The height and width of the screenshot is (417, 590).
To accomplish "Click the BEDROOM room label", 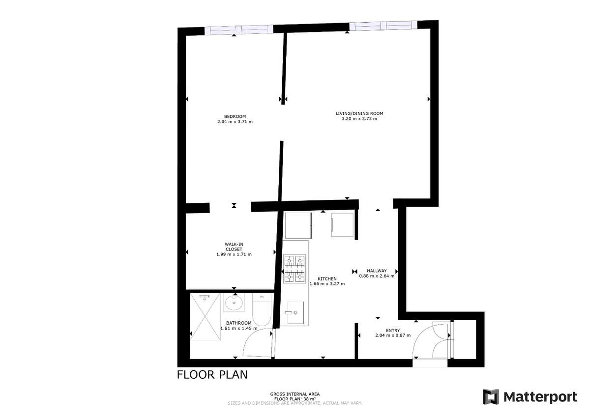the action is (235, 116).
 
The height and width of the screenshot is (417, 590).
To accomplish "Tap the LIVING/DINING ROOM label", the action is (359, 113).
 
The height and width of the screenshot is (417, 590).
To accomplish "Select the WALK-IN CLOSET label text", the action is (234, 247).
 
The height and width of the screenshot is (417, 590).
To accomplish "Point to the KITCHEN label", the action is (327, 278).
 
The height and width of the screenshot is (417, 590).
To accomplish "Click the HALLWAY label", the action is (377, 271).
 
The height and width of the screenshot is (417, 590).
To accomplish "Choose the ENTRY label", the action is (393, 331).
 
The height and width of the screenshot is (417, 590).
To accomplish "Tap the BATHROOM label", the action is (238, 323).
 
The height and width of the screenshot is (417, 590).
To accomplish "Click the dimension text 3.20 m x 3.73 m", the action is (359, 119).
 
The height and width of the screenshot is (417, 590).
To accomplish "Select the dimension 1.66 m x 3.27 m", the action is (327, 284).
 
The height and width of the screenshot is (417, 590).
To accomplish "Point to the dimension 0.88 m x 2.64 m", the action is (377, 276).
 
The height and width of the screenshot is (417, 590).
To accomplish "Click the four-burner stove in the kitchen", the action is (295, 269).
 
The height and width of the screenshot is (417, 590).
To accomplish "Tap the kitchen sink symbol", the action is (295, 312).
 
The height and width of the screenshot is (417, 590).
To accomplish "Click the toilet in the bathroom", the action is (262, 309).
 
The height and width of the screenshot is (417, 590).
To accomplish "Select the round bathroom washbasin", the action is (234, 303).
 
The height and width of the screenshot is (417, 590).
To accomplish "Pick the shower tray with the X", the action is (205, 317).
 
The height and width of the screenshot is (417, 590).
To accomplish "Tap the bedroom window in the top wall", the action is (239, 29).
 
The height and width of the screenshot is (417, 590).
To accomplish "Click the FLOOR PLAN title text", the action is (212, 375).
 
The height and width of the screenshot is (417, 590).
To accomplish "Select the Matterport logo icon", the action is (491, 397).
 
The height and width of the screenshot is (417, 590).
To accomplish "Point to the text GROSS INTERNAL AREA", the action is (295, 394).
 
